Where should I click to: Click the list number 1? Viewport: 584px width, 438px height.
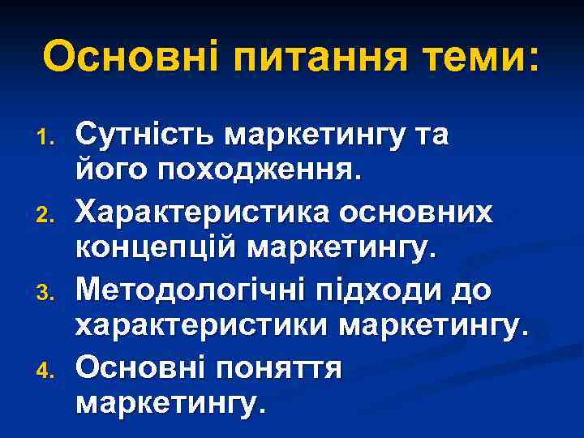pos(51,135)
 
